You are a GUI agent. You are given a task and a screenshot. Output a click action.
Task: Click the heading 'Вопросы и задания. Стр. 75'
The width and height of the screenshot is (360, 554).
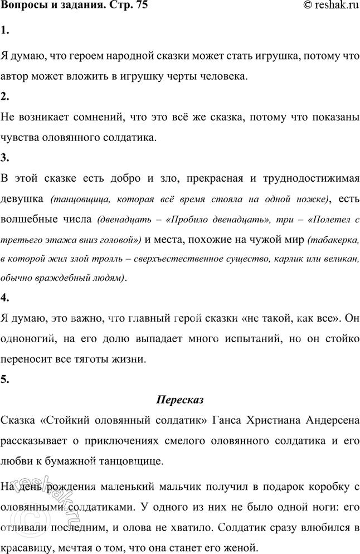click(70, 7)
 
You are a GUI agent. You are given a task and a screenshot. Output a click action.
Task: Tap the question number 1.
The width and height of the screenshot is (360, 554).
click(4, 32)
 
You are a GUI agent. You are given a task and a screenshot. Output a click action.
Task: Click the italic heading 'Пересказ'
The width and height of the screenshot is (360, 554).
click(180, 400)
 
